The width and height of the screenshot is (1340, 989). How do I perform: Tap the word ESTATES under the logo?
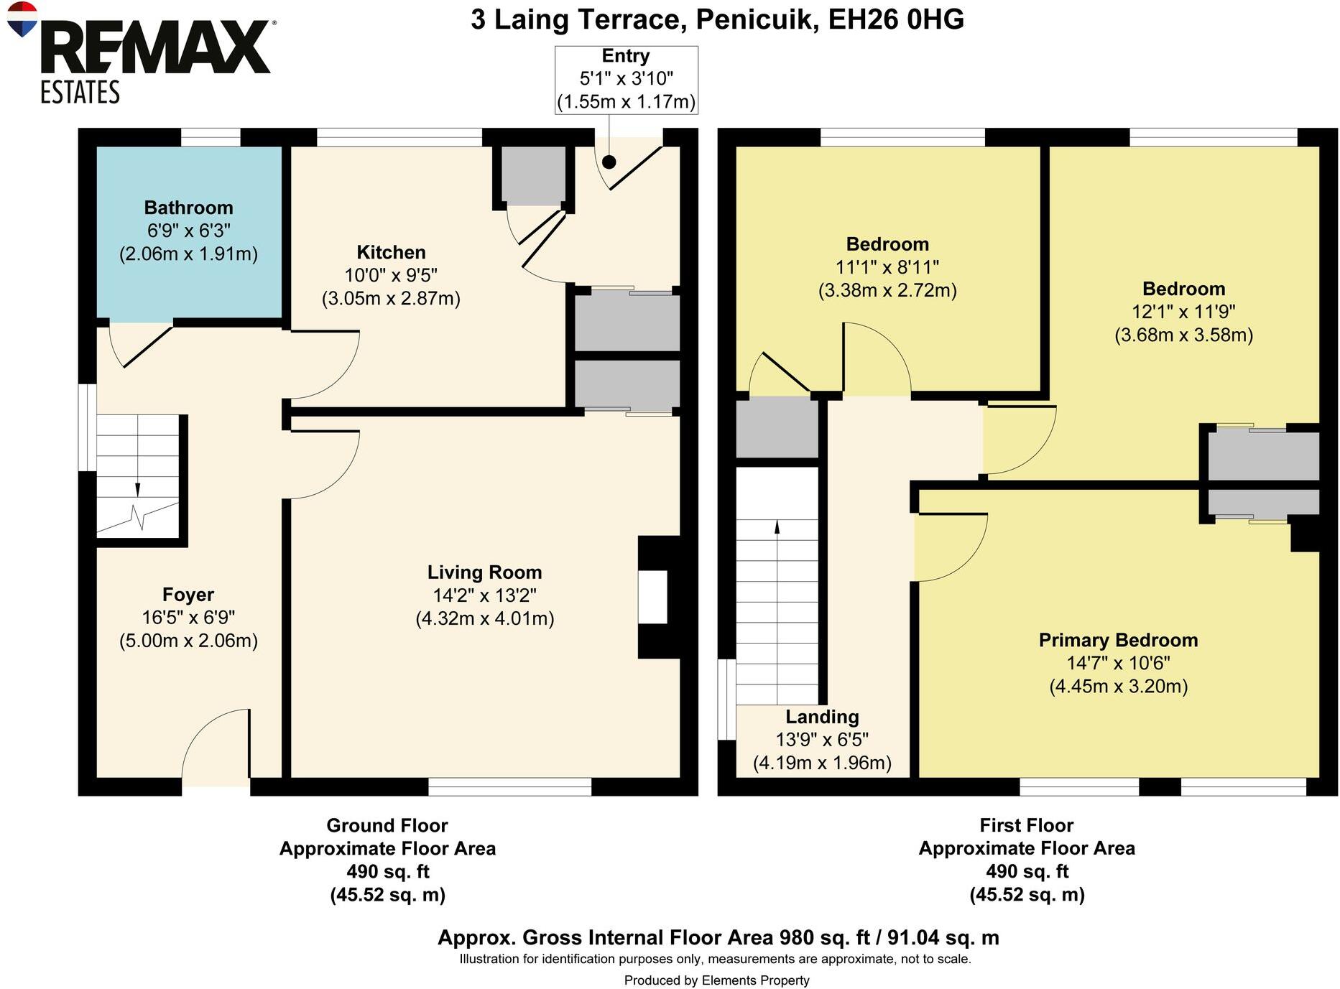[80, 93]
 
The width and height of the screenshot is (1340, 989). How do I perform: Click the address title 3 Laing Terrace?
[576, 19]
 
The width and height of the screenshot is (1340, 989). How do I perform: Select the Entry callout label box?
[626, 79]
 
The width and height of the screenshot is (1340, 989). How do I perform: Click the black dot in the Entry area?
[609, 162]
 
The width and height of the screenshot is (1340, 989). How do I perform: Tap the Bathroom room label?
[188, 208]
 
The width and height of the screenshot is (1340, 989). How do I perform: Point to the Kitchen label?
[391, 252]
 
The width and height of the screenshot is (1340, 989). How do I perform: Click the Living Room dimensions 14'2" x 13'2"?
[484, 595]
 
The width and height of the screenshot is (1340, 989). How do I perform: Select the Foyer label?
[188, 595]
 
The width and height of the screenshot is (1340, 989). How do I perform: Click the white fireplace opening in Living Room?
[652, 597]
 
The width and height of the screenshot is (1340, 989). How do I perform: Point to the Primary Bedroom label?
[1118, 640]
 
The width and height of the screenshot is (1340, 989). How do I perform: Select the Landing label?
[822, 717]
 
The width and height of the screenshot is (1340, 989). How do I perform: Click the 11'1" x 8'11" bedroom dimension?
[887, 267]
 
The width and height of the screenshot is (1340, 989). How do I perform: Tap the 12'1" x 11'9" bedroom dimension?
[1183, 312]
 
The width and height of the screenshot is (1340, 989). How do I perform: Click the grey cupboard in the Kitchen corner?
[532, 175]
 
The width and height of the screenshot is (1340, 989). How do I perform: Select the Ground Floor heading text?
[387, 825]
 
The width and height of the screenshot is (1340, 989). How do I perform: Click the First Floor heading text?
[1027, 825]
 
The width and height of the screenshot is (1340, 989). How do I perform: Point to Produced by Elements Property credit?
[716, 980]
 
